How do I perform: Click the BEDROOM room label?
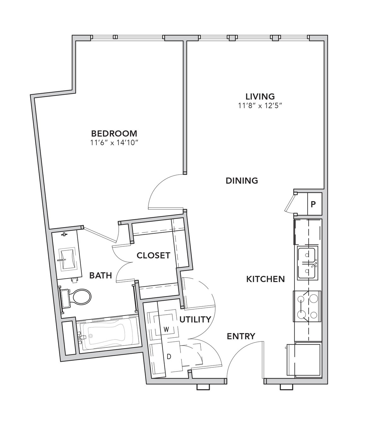pyautogui.click(x=114, y=133)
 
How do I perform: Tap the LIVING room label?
pyautogui.click(x=260, y=96)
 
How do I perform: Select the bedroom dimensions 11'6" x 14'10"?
pyautogui.click(x=114, y=143)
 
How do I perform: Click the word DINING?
pyautogui.click(x=242, y=181)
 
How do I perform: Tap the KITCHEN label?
pyautogui.click(x=266, y=279)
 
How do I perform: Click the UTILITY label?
pyautogui.click(x=195, y=319)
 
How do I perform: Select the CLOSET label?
pyautogui.click(x=153, y=256)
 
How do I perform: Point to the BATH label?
pyautogui.click(x=101, y=275)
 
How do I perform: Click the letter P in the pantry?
pyautogui.click(x=313, y=204)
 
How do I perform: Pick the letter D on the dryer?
pyautogui.click(x=169, y=362)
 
